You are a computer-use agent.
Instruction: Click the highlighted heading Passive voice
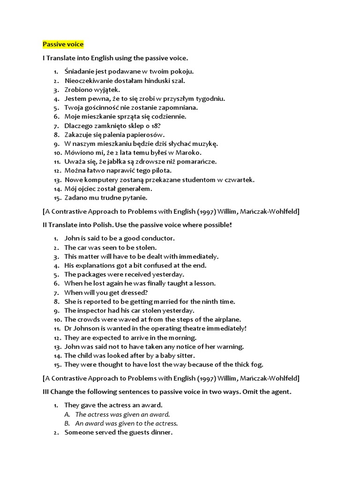tap(63, 45)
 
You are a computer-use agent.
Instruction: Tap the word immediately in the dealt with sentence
tap(199, 256)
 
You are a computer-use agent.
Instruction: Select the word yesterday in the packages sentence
tap(169, 275)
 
